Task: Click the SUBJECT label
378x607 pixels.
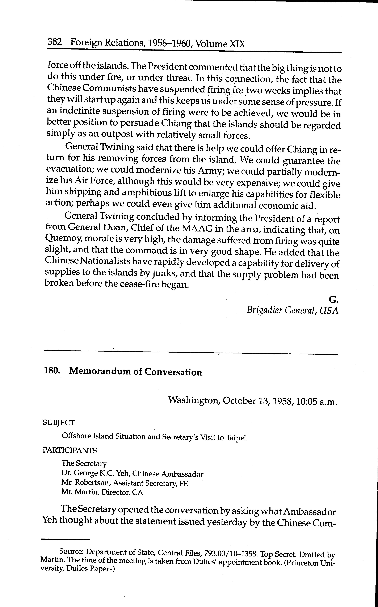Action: click(x=59, y=423)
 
